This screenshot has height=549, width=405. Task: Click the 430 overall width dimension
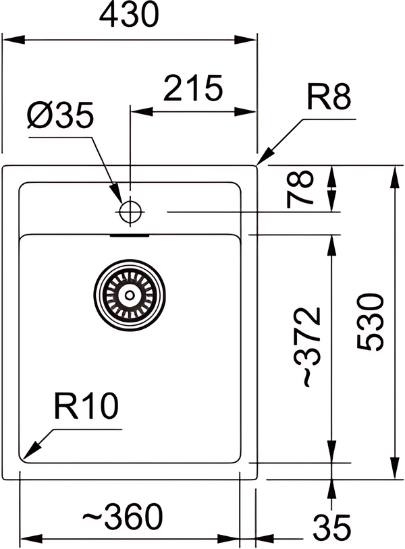(x=130, y=16)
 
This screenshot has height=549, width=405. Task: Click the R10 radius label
(x=85, y=407)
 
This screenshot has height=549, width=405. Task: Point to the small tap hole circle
(x=128, y=212)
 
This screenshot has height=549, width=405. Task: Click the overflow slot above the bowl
(x=130, y=236)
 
